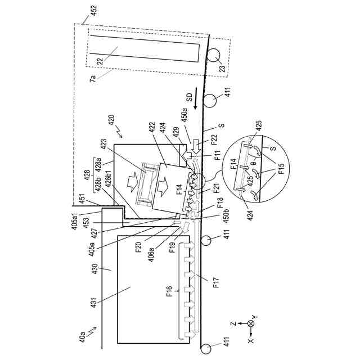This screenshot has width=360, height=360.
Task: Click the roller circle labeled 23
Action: click(214, 56)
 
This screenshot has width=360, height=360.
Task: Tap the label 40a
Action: click(83, 340)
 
